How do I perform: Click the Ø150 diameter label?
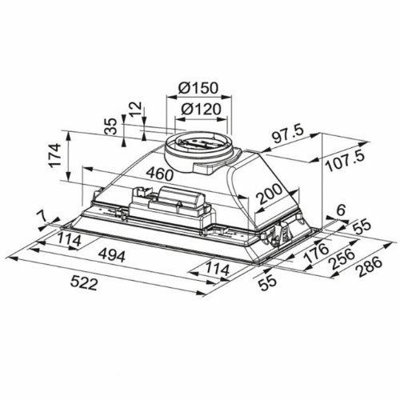click(198, 87)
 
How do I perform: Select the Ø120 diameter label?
click(201, 109)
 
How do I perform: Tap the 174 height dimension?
click(55, 156)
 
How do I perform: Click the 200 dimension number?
click(269, 194)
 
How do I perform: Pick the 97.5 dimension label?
click(288, 137)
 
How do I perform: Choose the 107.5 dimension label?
click(346, 162)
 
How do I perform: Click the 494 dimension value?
click(111, 256)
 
